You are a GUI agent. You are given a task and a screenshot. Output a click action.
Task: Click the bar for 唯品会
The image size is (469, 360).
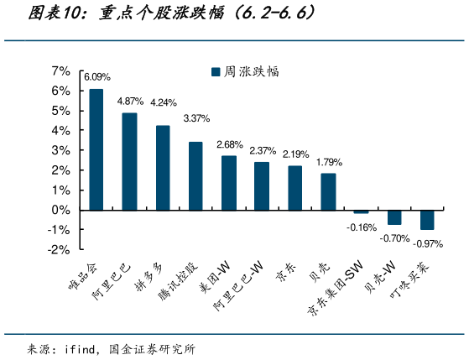click(96, 149)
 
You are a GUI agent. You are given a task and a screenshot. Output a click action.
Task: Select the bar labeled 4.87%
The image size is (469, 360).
click(129, 161)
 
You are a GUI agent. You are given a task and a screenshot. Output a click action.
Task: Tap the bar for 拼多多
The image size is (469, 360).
click(163, 168)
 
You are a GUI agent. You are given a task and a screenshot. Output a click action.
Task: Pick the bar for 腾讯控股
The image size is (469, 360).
click(195, 176)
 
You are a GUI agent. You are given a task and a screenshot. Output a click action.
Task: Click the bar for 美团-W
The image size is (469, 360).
click(228, 183)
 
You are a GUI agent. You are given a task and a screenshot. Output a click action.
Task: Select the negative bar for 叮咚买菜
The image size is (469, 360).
click(427, 219)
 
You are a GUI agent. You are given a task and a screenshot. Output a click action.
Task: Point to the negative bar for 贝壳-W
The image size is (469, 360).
click(393, 217)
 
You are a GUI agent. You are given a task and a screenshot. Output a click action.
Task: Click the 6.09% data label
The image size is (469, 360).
click(96, 77)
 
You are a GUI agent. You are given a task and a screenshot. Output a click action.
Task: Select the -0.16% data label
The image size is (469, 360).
click(361, 227)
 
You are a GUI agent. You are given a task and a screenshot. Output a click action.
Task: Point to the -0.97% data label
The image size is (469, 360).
click(427, 243)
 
